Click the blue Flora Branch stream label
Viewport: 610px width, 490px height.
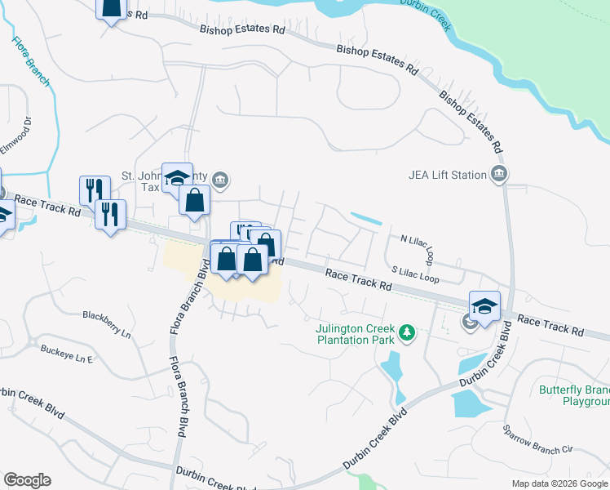coord(31,62)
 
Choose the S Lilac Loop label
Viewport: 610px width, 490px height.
coord(415,274)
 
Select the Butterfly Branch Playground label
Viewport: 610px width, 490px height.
coord(574,395)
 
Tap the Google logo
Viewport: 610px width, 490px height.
coord(27,480)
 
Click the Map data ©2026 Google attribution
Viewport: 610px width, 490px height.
coord(559,483)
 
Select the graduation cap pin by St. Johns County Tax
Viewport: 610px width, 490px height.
coord(176,178)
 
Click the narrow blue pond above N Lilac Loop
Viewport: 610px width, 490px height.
coord(366,218)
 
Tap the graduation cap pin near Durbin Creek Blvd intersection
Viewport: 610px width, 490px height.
coord(484,307)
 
